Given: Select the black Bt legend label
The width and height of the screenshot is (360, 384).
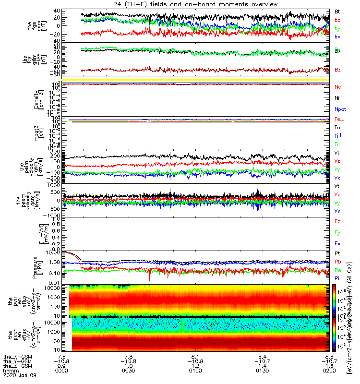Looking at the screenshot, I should coord(337,11).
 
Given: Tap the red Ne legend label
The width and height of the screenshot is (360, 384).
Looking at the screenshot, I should coord(338,87).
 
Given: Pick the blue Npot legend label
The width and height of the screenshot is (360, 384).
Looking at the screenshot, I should coord(340,110).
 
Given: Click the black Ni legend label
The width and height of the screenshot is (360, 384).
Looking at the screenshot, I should coord(337,98).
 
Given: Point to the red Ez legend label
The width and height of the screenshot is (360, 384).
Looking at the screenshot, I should coord(337,221).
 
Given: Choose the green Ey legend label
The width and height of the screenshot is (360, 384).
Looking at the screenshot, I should coord(337,233).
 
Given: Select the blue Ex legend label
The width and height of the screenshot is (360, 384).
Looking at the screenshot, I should coord(337,244).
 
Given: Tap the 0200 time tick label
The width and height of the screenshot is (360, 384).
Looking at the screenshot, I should coord(329,372).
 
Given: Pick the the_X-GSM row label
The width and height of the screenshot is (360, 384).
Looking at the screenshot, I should coord(16,357).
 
